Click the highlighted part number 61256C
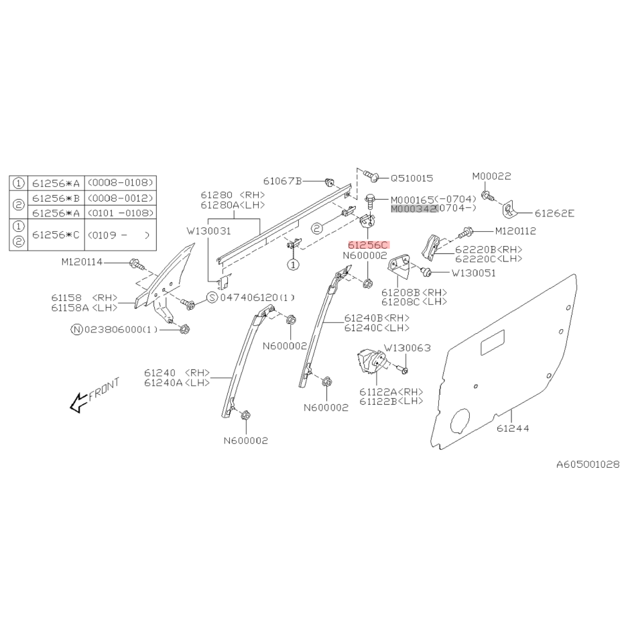(368, 245)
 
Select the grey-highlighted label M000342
(414, 209)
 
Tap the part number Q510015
(412, 178)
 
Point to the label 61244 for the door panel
(513, 428)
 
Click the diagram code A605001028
(588, 464)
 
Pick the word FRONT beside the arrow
(104, 389)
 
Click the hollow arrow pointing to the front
(78, 402)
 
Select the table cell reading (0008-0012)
(120, 198)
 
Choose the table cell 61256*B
(56, 198)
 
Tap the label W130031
(208, 231)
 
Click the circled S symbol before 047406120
(213, 298)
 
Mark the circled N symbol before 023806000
(76, 330)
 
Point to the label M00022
(491, 176)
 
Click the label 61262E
(554, 213)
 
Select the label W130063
(407, 348)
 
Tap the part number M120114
(82, 262)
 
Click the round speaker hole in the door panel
(460, 422)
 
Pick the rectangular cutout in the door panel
(493, 342)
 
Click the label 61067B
(283, 182)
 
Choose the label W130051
(474, 273)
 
